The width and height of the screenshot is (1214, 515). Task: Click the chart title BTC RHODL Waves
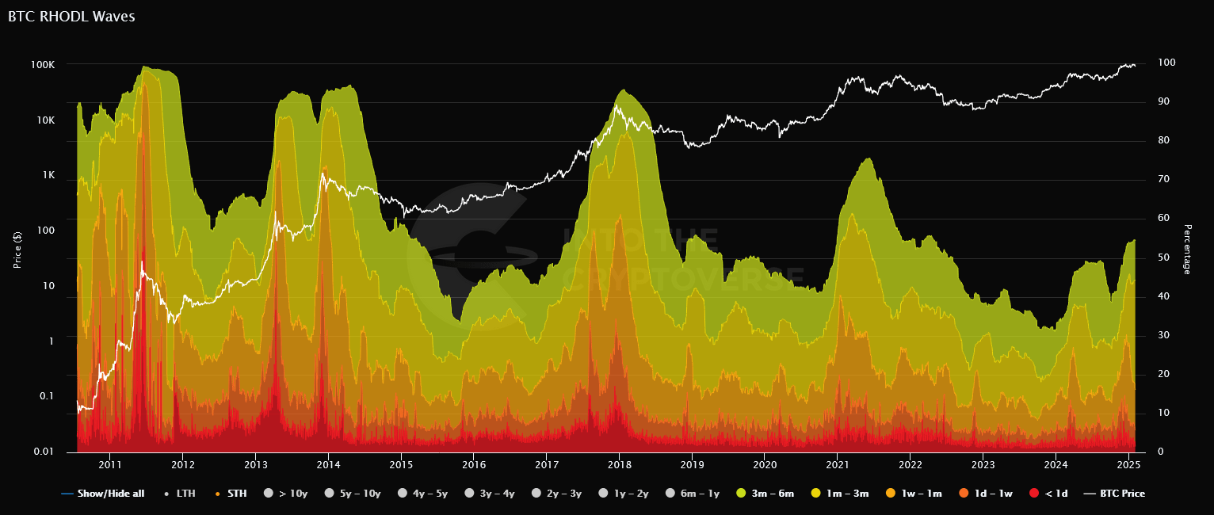tap(71, 17)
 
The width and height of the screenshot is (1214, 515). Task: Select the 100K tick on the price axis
tap(43, 64)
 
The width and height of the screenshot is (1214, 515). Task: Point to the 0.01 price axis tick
tap(44, 452)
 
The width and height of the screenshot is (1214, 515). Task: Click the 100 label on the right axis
tap(1166, 63)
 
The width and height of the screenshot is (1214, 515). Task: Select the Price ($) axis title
tap(17, 250)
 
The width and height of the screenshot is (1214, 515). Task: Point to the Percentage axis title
tap(1186, 250)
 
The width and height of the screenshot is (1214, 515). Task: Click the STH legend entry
tap(232, 494)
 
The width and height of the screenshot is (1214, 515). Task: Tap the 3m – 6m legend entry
tap(769, 494)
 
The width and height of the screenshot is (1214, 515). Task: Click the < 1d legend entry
tap(1052, 494)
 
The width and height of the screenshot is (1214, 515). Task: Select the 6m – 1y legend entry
tap(697, 494)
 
